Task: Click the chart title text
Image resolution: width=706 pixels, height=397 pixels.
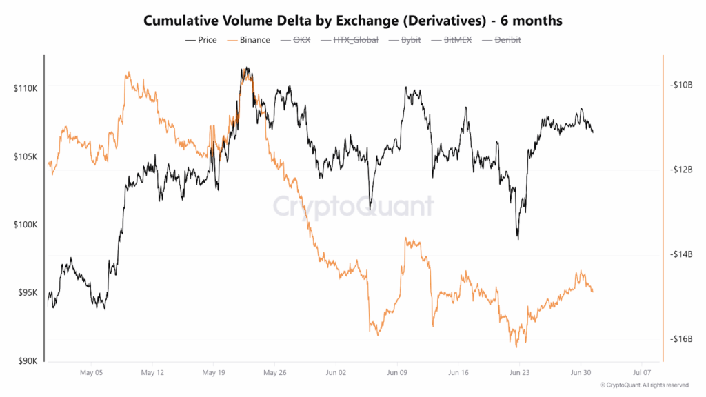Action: [x=353, y=21]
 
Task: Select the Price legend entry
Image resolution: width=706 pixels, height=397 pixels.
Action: [x=201, y=40]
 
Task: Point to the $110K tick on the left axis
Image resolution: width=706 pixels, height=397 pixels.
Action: [x=27, y=89]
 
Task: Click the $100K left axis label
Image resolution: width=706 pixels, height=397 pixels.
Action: [x=27, y=225]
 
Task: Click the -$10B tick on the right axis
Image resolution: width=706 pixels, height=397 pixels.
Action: [x=680, y=85]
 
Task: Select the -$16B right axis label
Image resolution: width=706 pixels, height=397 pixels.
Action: [x=680, y=339]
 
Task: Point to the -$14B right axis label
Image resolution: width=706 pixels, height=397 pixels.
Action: [x=680, y=254]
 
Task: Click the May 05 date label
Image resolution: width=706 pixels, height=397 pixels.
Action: [x=92, y=372]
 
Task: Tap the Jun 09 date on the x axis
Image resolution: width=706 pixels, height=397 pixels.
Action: [x=399, y=372]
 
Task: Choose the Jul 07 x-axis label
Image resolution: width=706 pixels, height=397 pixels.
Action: [x=642, y=372]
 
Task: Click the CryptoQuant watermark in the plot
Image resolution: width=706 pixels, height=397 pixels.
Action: [x=353, y=206]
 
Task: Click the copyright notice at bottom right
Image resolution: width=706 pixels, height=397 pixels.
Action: [x=644, y=385]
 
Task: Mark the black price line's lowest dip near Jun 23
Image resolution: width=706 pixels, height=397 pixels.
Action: [x=518, y=238]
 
